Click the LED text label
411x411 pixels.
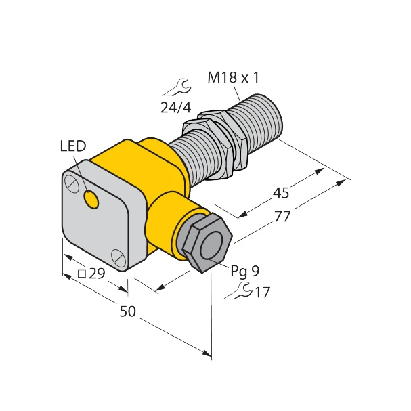coord(72,146)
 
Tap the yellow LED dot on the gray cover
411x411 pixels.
coord(90,199)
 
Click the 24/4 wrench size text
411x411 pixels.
coord(175,106)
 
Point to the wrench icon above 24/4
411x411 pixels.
coord(176,86)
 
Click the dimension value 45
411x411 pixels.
coord(280,193)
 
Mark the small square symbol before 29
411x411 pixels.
coord(82,274)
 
